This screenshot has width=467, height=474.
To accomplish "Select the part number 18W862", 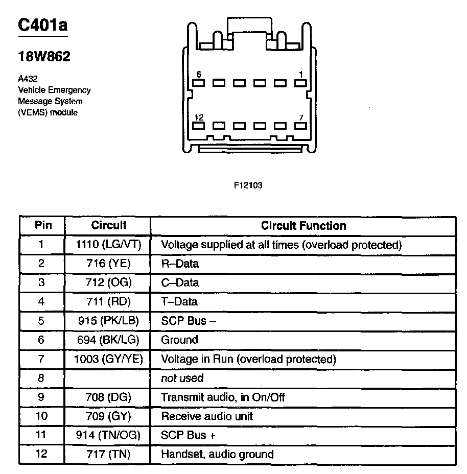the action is coord(44,56).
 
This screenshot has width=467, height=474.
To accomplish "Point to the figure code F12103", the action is coord(248,185).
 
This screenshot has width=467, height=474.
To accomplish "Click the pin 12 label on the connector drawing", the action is coord(199,118).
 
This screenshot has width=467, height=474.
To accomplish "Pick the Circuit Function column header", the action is coord(303,226).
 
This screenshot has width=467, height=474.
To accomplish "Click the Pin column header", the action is coord(42,225).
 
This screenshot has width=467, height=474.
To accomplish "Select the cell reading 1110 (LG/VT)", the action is coord(108,245).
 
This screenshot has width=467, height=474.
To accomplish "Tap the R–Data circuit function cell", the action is coord(180,264).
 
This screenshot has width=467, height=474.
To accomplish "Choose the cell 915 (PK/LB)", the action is coord(108,321).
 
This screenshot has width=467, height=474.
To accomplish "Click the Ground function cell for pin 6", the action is coord(179,340).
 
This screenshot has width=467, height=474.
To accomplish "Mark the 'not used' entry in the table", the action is coord(182,378).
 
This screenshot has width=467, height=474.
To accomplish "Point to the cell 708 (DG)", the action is coord(108,397).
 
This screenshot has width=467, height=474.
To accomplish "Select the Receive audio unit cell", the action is coord(207,416).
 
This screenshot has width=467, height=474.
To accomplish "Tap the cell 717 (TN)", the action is coord(108,454).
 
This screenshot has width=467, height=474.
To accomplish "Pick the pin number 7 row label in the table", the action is coord(42,359).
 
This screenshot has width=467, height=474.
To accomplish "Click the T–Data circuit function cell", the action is coord(179,302).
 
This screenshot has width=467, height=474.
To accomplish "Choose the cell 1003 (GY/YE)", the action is coord(108,359).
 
